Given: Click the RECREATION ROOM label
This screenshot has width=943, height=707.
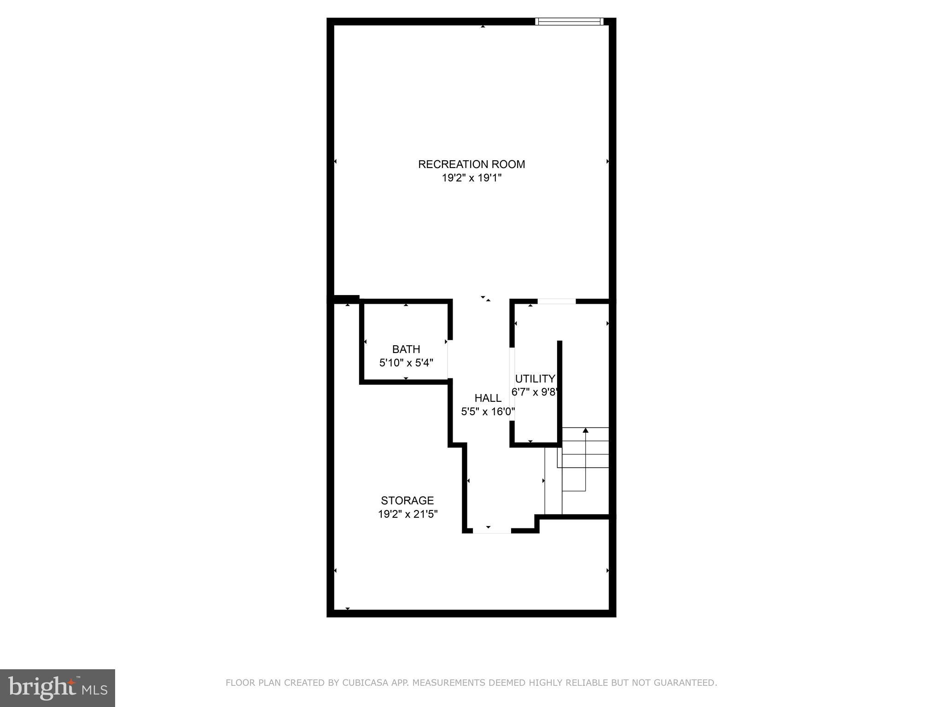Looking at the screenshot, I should point(471,164).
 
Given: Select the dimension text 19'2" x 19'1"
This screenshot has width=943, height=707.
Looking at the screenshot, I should point(471,178).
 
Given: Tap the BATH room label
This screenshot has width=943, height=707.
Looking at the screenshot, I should point(406,349).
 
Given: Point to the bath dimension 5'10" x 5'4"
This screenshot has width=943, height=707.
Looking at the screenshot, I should point(406,363).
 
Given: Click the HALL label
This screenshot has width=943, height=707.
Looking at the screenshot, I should point(488,398).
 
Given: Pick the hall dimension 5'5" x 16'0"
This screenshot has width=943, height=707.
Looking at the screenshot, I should point(488,411).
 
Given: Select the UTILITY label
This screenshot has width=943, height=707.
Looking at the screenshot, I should point(535,379).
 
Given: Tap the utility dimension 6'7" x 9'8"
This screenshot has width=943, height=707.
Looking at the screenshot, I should point(535,392).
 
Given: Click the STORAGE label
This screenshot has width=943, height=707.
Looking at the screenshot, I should point(407,500).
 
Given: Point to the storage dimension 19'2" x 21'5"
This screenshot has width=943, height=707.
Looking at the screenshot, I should point(407,514).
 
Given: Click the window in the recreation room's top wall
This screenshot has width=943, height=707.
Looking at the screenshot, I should point(569,21).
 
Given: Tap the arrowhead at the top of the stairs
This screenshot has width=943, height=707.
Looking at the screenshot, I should point(585,430).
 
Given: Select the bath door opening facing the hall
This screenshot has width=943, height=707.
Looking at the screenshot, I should point(450,359).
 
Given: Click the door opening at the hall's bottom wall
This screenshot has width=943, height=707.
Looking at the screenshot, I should point(492,531).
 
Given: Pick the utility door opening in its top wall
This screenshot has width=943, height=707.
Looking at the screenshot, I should point(557,301).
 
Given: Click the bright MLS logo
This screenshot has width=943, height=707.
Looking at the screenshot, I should point(58,688).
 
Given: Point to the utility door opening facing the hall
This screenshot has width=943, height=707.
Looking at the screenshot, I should point(512,383).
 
